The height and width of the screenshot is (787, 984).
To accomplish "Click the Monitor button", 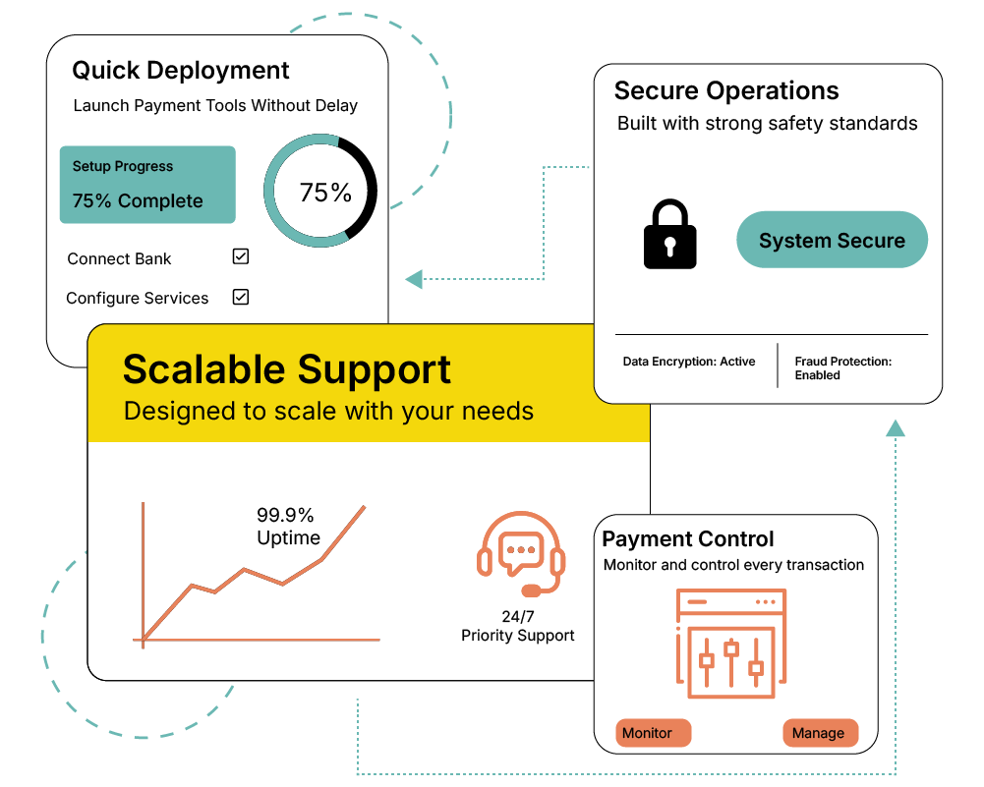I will click(x=653, y=733).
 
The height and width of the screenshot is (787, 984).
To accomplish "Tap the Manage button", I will click(x=820, y=733).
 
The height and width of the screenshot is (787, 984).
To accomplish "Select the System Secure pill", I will click(x=832, y=240).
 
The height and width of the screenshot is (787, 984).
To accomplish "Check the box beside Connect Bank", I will click(x=241, y=256).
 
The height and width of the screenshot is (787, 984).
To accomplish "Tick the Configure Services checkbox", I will click(x=241, y=296).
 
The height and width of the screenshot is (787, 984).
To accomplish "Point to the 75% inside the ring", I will click(x=325, y=193).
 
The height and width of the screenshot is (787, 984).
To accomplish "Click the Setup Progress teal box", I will click(x=147, y=185).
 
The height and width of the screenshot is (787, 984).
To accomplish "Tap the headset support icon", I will click(x=521, y=553).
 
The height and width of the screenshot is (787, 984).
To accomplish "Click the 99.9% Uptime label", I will click(x=287, y=526).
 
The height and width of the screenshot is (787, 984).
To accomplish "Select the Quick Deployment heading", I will click(x=181, y=71).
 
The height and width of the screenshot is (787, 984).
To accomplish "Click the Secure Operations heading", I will click(x=726, y=91).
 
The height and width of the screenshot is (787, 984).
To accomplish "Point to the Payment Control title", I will click(x=688, y=539).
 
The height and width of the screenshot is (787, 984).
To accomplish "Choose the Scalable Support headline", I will click(x=287, y=369).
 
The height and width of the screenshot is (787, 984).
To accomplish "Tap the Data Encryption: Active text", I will click(x=689, y=362).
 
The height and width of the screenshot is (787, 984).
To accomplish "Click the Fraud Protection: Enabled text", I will click(x=842, y=367).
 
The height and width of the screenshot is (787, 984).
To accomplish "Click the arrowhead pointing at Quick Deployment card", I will click(x=414, y=279).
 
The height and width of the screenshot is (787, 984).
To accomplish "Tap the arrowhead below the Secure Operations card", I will click(x=895, y=428).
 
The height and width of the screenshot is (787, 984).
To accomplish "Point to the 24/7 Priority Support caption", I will click(x=518, y=626).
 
